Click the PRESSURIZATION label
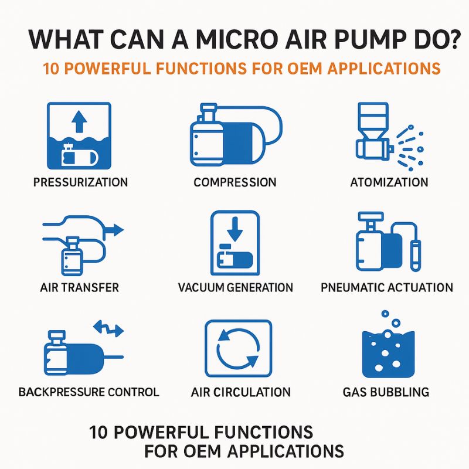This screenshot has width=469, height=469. coord(80,182)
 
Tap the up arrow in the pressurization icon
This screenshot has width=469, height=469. coord(79,121)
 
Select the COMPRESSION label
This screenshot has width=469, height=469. coord(235,182)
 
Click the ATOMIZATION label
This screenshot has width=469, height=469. coord(389,182)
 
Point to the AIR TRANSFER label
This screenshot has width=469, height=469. coord(80,287)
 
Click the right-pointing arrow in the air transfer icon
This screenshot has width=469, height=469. coord(113,230)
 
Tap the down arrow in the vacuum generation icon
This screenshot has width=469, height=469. coord(235,229)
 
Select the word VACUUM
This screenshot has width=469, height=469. coord(200,287)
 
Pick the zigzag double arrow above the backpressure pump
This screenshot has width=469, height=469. coord(108,328)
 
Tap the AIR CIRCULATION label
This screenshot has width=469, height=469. coord(241,392)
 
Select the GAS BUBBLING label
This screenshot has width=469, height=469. coord(386,392)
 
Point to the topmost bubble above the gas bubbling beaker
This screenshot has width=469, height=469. coord(385,314)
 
